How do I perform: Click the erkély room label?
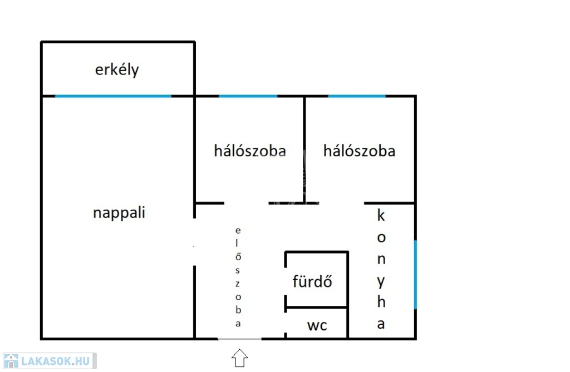[117, 71]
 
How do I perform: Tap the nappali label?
[119, 213]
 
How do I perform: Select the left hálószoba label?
[250, 151]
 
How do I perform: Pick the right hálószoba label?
[359, 151]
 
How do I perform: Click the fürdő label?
[312, 282]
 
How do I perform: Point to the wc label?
[317, 325]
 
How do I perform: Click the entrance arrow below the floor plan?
[239, 358]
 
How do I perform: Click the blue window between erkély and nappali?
[113, 96]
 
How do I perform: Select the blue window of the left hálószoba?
[248, 96]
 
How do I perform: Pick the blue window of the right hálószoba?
[357, 96]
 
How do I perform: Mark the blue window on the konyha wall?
[415, 274]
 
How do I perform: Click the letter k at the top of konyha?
[381, 216]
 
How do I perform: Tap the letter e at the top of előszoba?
[238, 230]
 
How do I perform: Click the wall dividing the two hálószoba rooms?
[304, 149]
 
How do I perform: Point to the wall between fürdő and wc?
[317, 307]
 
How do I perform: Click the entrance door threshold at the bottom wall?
[239, 339]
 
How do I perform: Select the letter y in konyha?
[381, 281]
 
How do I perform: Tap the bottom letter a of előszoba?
[238, 324]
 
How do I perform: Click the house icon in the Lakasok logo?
[11, 361]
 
